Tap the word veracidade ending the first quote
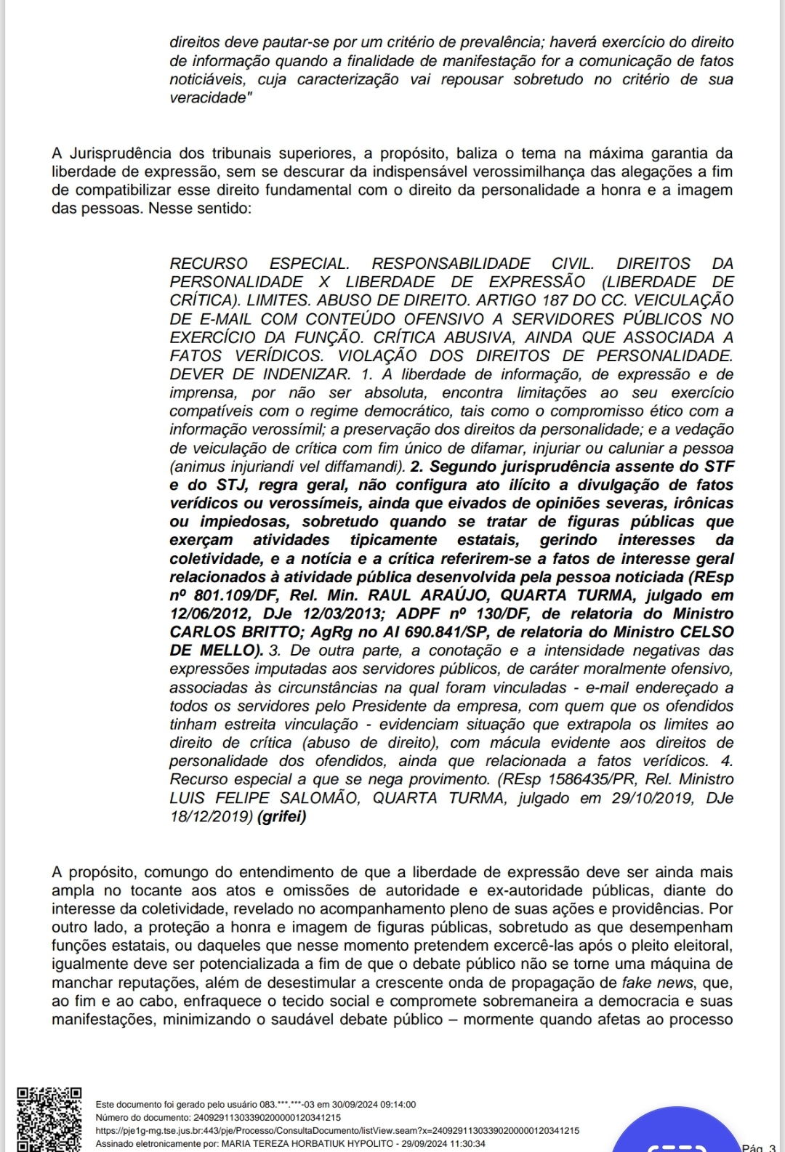point(208,98)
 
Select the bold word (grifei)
point(282,816)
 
